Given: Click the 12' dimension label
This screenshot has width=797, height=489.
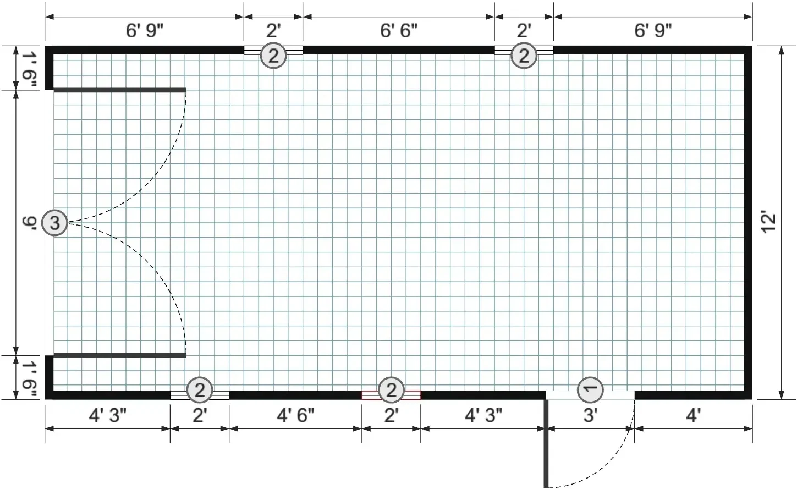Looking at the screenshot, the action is coord(768,223).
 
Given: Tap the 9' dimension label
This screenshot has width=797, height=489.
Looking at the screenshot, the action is coord(30,223).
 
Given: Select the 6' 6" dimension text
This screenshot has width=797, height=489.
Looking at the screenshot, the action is coord(398,31).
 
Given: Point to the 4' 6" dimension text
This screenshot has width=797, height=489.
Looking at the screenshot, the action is coord(295,415).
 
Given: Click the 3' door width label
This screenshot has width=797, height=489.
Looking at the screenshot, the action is coord(590,415).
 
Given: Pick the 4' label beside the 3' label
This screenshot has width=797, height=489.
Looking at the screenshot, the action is coord(693,415).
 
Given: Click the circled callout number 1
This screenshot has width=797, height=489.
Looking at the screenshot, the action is coord(590,389).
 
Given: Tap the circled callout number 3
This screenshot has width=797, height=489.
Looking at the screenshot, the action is coord(55,223).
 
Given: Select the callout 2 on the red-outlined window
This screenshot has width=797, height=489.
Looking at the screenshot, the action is coord(392,390).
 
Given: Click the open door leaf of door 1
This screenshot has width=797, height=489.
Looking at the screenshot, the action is coord(546,443).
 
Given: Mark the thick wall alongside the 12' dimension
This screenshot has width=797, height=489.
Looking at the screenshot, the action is coord(748,223).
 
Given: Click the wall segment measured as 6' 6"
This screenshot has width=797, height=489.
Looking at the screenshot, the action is coord(398,50).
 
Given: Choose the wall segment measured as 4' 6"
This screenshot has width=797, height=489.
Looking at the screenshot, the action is coord(295,395).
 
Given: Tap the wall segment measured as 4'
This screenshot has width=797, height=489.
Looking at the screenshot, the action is coord(694,395).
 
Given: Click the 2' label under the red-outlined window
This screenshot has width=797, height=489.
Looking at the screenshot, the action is coord(392,415).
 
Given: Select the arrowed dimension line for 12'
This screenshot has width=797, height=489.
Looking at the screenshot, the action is coord(782,223).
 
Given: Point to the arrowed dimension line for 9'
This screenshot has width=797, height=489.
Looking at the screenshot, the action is coord(15,223).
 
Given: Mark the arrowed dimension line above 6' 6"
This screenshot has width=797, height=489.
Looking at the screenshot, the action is coord(398,17).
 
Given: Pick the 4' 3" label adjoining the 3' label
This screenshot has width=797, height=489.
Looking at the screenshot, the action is coord(483,415).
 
